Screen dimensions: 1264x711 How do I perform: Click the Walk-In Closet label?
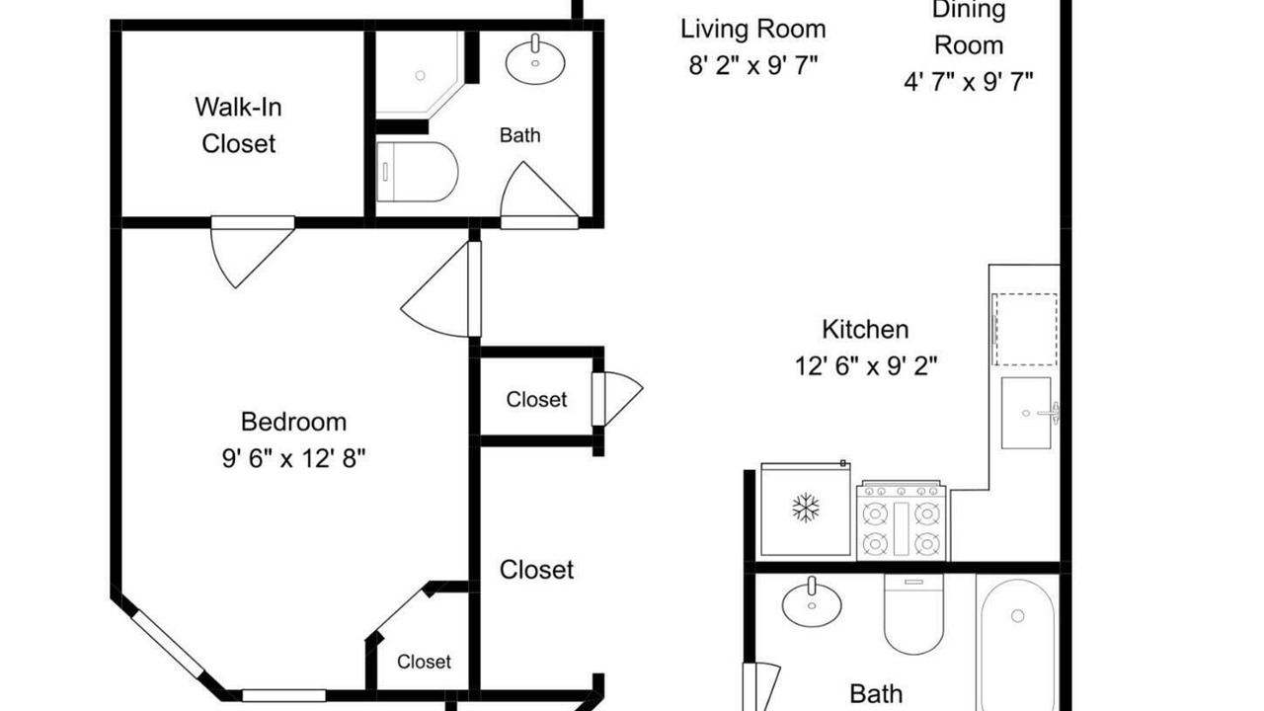point(238,125)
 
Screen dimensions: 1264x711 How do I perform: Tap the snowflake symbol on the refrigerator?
point(805,508)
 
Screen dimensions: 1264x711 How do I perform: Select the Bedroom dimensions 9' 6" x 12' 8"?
point(293,458)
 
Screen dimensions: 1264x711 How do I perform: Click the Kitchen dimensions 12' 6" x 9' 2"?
point(866,366)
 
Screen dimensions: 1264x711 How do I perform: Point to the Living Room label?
point(752,29)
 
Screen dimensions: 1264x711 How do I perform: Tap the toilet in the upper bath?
point(417,172)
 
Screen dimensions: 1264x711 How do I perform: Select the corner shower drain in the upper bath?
point(420,75)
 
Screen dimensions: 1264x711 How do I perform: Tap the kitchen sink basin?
point(1026,413)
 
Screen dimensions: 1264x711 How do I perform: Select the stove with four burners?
point(902,520)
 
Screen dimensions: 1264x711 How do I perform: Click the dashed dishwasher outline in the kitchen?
point(1025,329)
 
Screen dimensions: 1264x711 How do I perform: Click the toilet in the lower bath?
point(913,614)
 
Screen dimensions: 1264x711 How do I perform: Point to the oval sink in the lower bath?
point(812,602)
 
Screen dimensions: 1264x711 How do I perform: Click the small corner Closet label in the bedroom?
point(424,662)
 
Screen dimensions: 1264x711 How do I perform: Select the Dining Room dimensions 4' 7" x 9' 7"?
point(969,82)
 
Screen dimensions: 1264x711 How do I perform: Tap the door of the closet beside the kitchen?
point(617,398)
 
